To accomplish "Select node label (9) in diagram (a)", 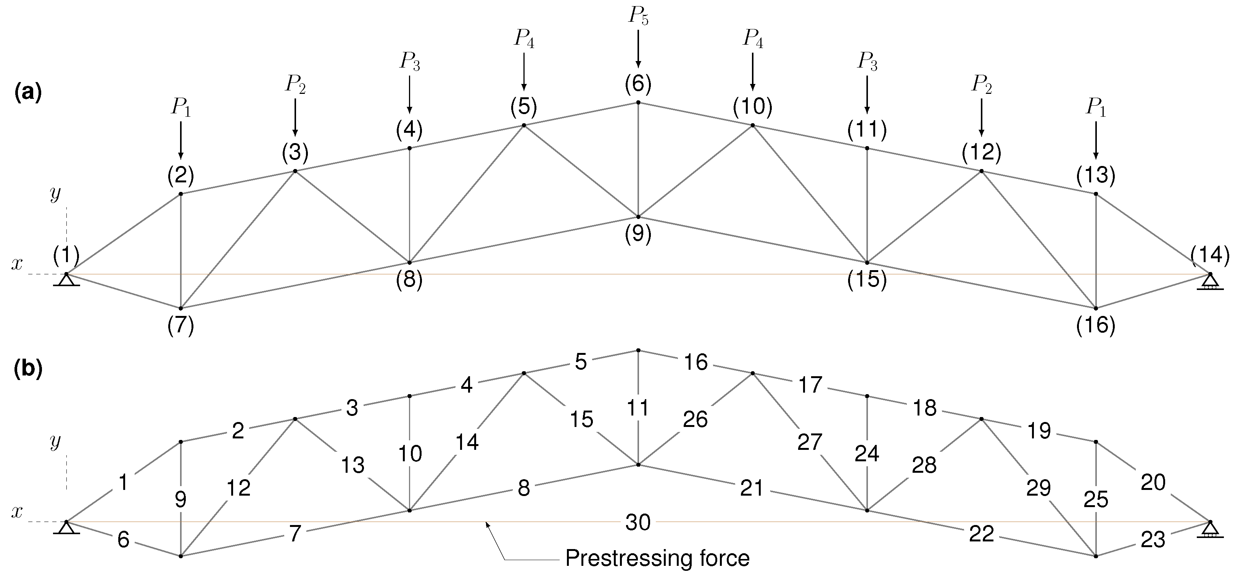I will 638,234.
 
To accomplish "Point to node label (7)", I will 181,326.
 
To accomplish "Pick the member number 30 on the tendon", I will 638,522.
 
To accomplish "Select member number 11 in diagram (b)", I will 638,408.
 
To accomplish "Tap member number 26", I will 695,420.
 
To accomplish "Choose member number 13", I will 353,465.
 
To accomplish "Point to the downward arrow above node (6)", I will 638,48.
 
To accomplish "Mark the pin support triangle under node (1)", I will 66,280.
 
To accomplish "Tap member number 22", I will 981,534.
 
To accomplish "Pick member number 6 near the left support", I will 124,540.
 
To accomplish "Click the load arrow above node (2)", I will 181,139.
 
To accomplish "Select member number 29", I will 1038,488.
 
